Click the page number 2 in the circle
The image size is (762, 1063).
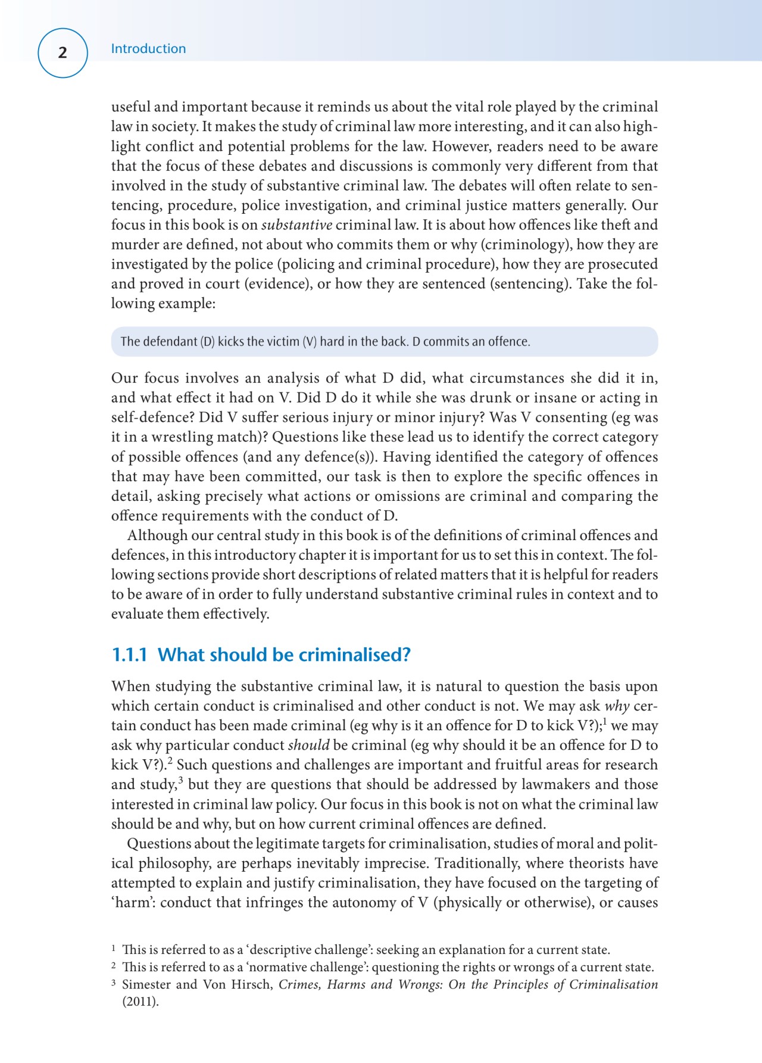[x=63, y=53]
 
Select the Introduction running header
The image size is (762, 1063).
[x=148, y=49]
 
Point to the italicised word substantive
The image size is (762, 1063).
[x=296, y=225]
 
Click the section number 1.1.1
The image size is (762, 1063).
[x=129, y=655]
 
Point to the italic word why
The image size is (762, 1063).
[x=617, y=706]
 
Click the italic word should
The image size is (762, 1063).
[x=308, y=746]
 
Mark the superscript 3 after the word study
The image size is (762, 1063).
[x=180, y=780]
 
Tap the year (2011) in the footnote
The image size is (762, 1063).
[x=140, y=1002]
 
